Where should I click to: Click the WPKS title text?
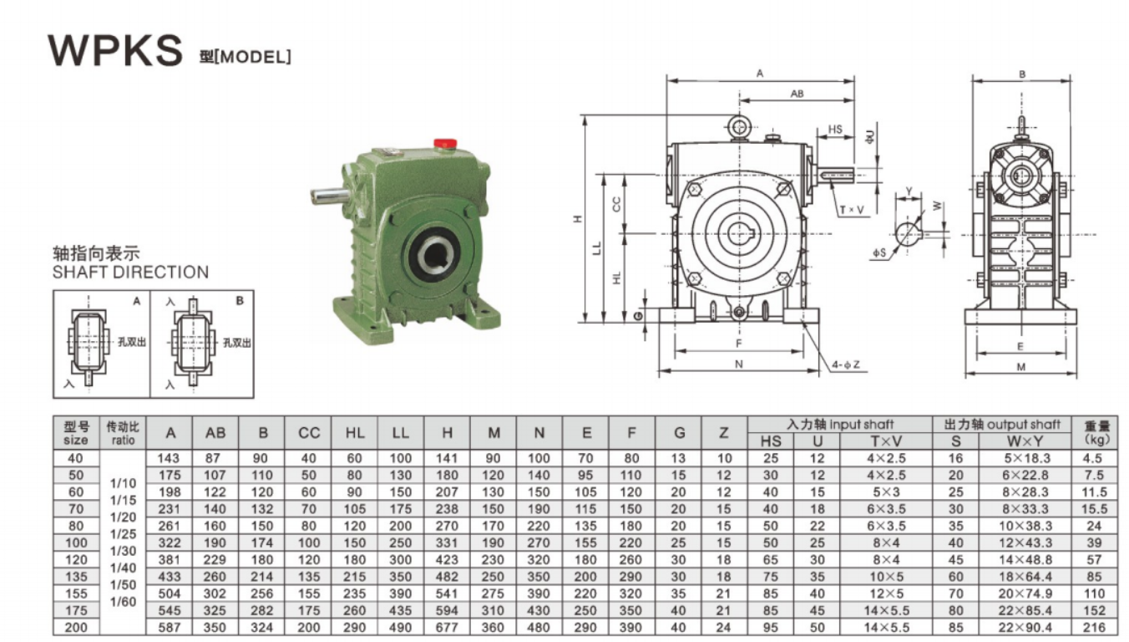(x=115, y=50)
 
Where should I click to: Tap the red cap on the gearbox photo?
(x=446, y=144)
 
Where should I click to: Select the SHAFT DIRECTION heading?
(x=130, y=272)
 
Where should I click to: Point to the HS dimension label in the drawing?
(x=835, y=130)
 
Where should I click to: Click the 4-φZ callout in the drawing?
(x=846, y=364)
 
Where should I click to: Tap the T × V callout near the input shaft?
(x=852, y=210)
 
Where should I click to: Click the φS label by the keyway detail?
(x=879, y=252)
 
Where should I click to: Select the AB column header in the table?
(x=215, y=433)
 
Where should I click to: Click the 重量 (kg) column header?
(x=1096, y=433)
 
